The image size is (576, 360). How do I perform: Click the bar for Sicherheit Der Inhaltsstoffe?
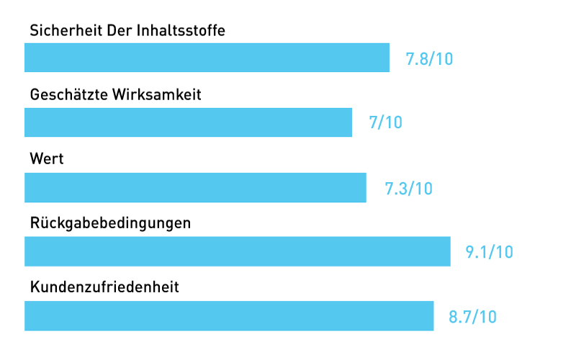pyautogui.click(x=207, y=58)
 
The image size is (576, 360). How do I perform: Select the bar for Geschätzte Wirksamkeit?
pyautogui.click(x=188, y=122)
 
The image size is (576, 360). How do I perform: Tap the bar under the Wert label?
pyautogui.click(x=195, y=187)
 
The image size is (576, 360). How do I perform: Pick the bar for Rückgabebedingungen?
pyautogui.click(x=238, y=251)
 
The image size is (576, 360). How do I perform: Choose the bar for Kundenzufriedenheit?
pyautogui.click(x=229, y=316)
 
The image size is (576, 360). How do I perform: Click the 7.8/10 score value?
pyautogui.click(x=429, y=59)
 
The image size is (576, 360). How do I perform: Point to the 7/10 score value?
pyautogui.click(x=385, y=123)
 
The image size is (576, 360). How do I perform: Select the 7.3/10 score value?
pyautogui.click(x=408, y=189)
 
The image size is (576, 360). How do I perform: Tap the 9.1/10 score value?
pyautogui.click(x=489, y=252)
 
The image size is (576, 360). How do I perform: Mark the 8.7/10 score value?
pyautogui.click(x=472, y=317)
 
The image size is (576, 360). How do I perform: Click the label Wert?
pyautogui.click(x=47, y=158)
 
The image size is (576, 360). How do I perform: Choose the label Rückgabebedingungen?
pyautogui.click(x=110, y=223)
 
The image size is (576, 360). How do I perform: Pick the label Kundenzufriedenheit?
pyautogui.click(x=104, y=287)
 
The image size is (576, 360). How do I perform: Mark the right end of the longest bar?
pyautogui.click(x=449, y=251)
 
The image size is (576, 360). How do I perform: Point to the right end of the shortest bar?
pyautogui.click(x=351, y=122)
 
